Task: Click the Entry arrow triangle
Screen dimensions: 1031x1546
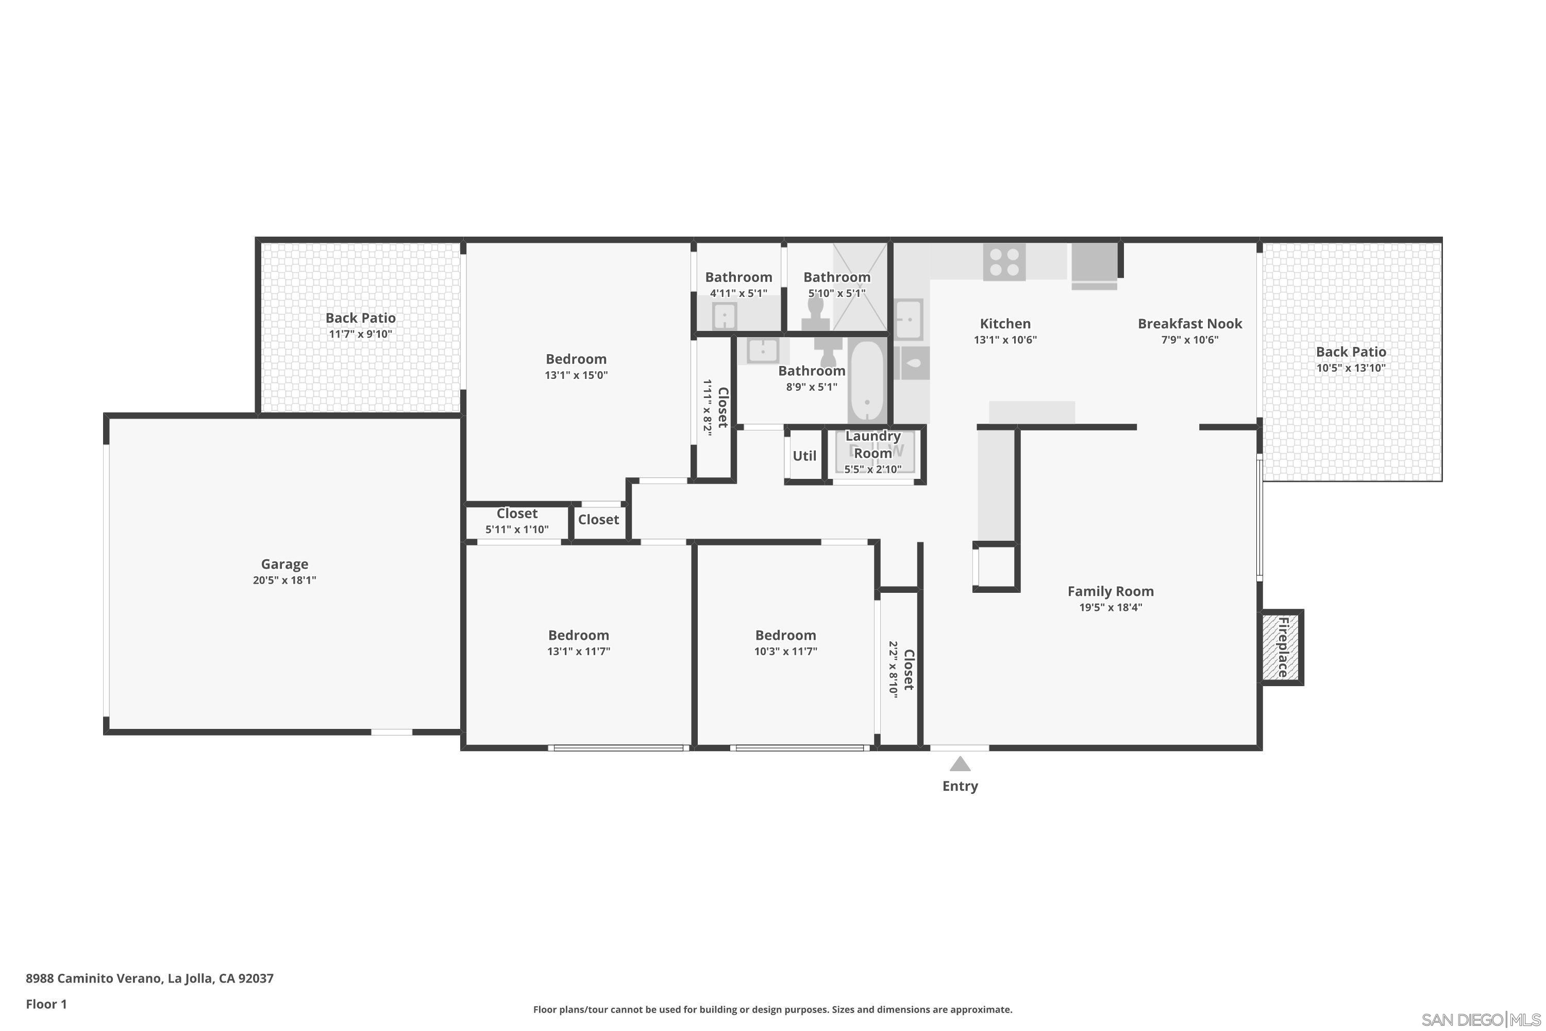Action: [x=960, y=763]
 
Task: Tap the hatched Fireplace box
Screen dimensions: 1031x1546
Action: [x=1281, y=647]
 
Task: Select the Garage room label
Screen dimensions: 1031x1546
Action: [x=284, y=563]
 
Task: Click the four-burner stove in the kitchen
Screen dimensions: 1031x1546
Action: [x=1004, y=262]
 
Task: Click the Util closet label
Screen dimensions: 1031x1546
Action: [x=804, y=456]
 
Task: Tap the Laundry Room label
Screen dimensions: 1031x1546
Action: [x=872, y=444]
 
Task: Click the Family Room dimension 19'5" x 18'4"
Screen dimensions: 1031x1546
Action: [x=1110, y=607]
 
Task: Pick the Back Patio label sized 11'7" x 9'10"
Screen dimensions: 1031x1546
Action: [x=360, y=318]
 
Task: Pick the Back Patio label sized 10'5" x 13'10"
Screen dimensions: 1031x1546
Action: [x=1350, y=352]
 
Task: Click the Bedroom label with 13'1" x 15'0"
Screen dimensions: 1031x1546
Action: [x=576, y=359]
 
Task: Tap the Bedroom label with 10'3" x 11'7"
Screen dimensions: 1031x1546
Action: [x=785, y=635]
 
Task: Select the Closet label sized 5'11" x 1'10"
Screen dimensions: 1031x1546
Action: [x=517, y=513]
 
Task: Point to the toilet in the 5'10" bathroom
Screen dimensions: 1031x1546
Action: [x=816, y=314]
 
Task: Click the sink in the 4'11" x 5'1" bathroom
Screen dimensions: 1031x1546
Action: [x=724, y=317]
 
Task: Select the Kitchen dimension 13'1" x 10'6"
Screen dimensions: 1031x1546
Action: [x=1004, y=340]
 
